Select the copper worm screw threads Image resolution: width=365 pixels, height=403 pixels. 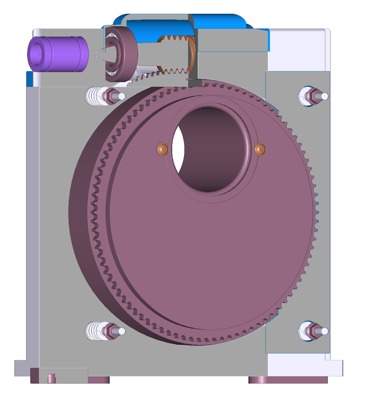point(177,55)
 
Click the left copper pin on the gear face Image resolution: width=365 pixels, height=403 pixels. point(162,148)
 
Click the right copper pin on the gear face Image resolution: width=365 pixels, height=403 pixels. point(261,149)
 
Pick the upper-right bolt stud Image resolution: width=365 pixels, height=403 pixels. point(312,95)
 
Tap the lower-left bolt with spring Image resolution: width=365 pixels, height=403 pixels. point(104,330)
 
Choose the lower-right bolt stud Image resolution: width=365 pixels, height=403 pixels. point(312,329)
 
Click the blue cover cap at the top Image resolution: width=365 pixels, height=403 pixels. point(182,23)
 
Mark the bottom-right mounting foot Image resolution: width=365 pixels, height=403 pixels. point(287,380)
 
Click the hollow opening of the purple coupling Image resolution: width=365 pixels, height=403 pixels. point(39,53)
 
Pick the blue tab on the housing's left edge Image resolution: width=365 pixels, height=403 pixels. point(30,79)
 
